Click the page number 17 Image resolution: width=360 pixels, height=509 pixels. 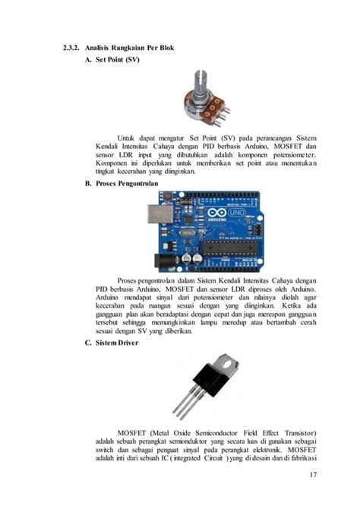click(x=314, y=476)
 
